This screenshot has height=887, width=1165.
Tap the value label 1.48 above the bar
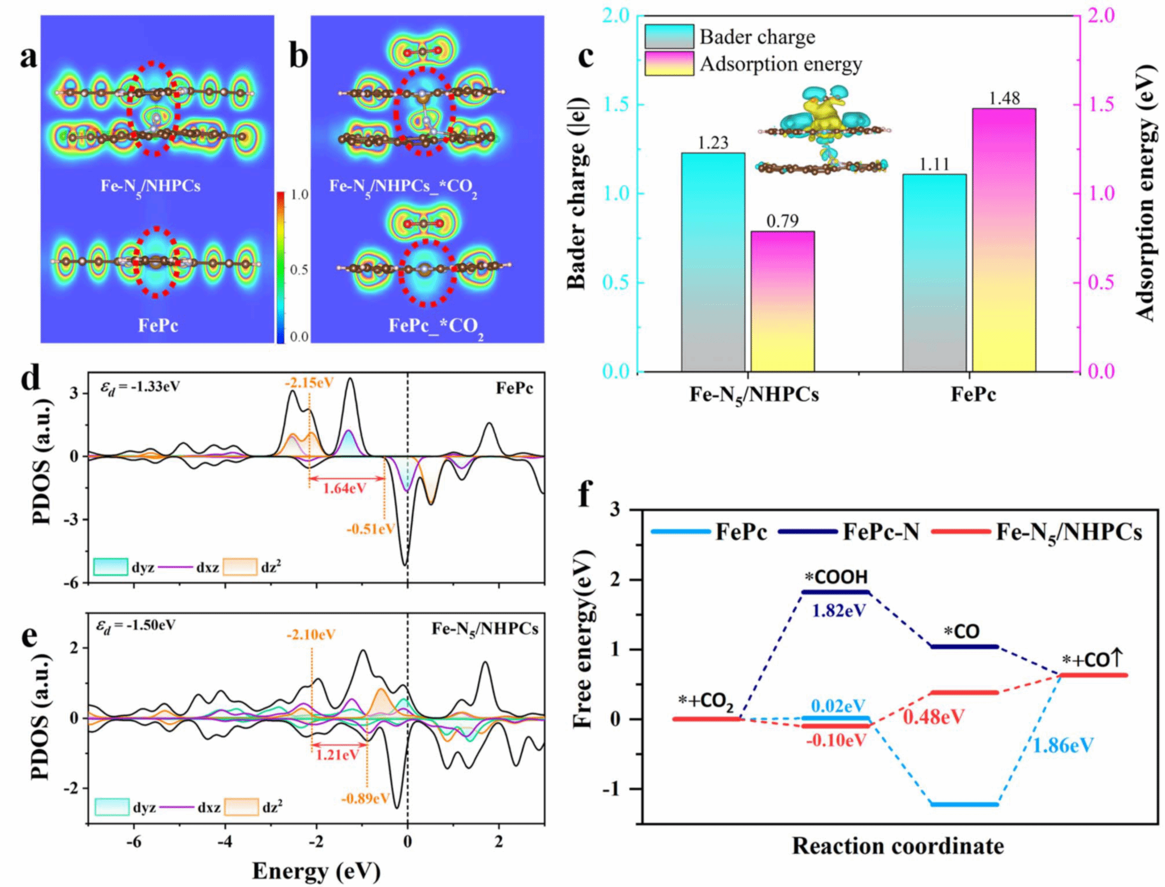[x=1003, y=98]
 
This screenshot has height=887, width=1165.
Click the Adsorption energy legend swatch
[x=668, y=63]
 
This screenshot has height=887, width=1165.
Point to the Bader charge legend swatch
[x=668, y=36]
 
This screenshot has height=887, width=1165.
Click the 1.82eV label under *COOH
[x=838, y=610]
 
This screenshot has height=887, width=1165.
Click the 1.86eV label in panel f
[x=1063, y=745]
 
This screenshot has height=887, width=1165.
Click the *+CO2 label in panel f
[x=705, y=701]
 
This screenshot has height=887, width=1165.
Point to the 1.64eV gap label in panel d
[x=344, y=488]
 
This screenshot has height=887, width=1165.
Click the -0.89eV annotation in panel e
[x=365, y=798]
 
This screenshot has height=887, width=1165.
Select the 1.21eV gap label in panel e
[x=337, y=755]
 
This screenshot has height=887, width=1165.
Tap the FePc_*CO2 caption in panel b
[x=436, y=326]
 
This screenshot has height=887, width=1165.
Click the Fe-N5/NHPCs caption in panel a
[x=150, y=186]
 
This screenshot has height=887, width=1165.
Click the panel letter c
[x=585, y=57]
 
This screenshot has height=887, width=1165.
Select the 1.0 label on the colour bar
[x=299, y=195]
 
